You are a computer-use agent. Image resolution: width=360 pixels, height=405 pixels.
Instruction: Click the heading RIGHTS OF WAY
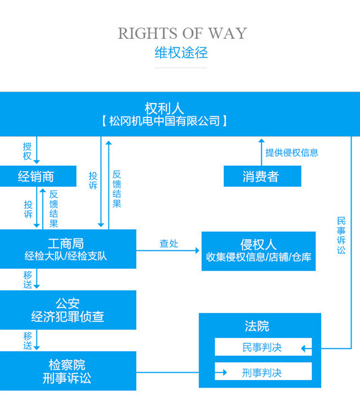[182, 33]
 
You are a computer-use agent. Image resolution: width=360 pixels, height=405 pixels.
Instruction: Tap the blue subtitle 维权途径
[181, 53]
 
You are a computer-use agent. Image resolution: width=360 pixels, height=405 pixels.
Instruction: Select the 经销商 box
[37, 177]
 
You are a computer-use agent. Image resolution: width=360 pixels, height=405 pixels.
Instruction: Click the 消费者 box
[262, 177]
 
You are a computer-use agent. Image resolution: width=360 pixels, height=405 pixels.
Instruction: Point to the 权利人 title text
[164, 107]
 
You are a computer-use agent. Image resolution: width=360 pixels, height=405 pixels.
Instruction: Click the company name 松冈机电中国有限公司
[164, 121]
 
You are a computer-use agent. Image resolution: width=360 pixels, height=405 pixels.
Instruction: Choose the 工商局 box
[67, 249]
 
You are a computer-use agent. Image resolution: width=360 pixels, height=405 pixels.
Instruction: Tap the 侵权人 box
[259, 250]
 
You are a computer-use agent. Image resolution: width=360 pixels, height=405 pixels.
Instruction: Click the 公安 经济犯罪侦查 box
[67, 310]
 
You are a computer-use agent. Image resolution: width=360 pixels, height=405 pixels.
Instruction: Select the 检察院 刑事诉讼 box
[67, 371]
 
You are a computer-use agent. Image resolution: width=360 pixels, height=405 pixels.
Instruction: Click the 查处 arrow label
[168, 244]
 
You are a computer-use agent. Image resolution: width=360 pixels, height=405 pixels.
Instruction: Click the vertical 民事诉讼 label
[341, 235]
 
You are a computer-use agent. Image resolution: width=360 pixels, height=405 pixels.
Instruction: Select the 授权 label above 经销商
[27, 151]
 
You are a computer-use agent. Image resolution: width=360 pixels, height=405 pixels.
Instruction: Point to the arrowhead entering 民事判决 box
[304, 349]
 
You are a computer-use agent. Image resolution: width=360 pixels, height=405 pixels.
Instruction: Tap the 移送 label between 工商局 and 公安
[28, 280]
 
